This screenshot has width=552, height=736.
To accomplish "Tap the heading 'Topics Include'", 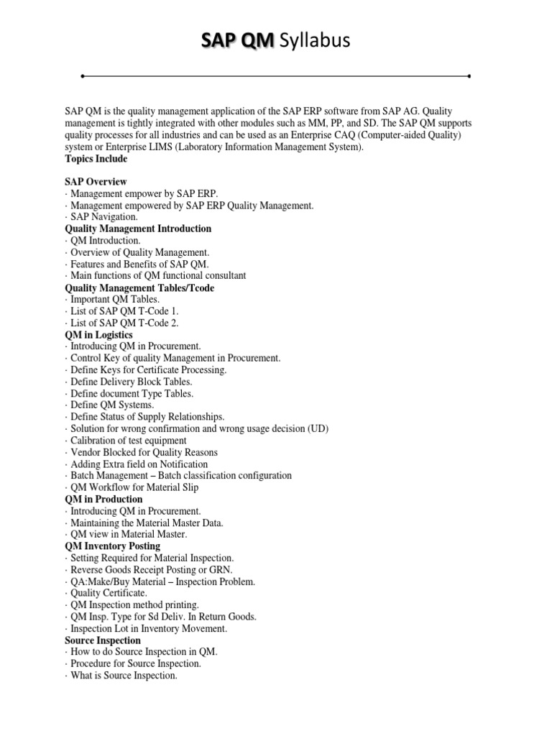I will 96,159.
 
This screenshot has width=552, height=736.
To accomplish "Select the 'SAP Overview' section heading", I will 96,182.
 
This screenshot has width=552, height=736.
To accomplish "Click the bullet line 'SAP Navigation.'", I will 103,217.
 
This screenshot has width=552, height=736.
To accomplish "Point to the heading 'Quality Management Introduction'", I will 138,229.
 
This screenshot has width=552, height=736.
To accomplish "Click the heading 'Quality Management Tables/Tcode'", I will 139,287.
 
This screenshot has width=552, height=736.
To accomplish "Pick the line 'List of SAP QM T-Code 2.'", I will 124,323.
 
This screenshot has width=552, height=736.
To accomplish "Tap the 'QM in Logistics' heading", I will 98,335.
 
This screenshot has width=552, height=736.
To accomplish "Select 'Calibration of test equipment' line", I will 129,440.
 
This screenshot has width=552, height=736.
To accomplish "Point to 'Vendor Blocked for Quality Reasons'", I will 144,452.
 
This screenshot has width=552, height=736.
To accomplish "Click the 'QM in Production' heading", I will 103,499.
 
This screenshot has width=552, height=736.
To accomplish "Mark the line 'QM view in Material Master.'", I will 129,534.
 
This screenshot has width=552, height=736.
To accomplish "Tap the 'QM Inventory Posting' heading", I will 112,546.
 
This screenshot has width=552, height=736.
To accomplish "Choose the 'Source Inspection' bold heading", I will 103,640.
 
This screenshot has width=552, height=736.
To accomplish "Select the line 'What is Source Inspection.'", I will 124,676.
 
